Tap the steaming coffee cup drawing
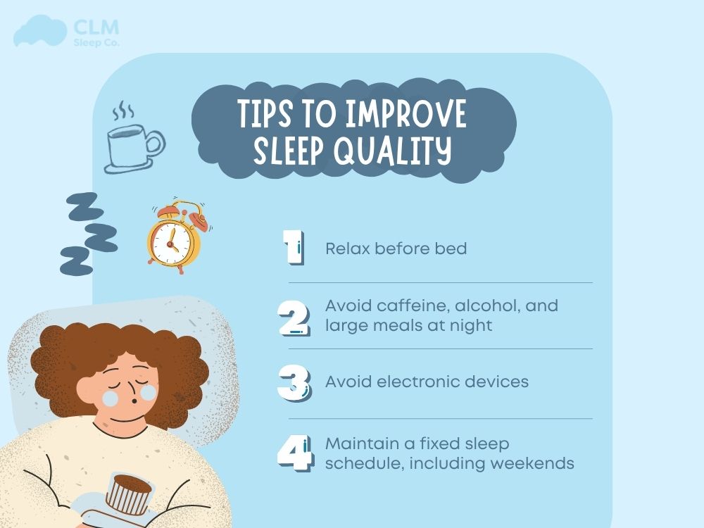pos(134,144)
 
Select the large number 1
pos(293,249)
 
